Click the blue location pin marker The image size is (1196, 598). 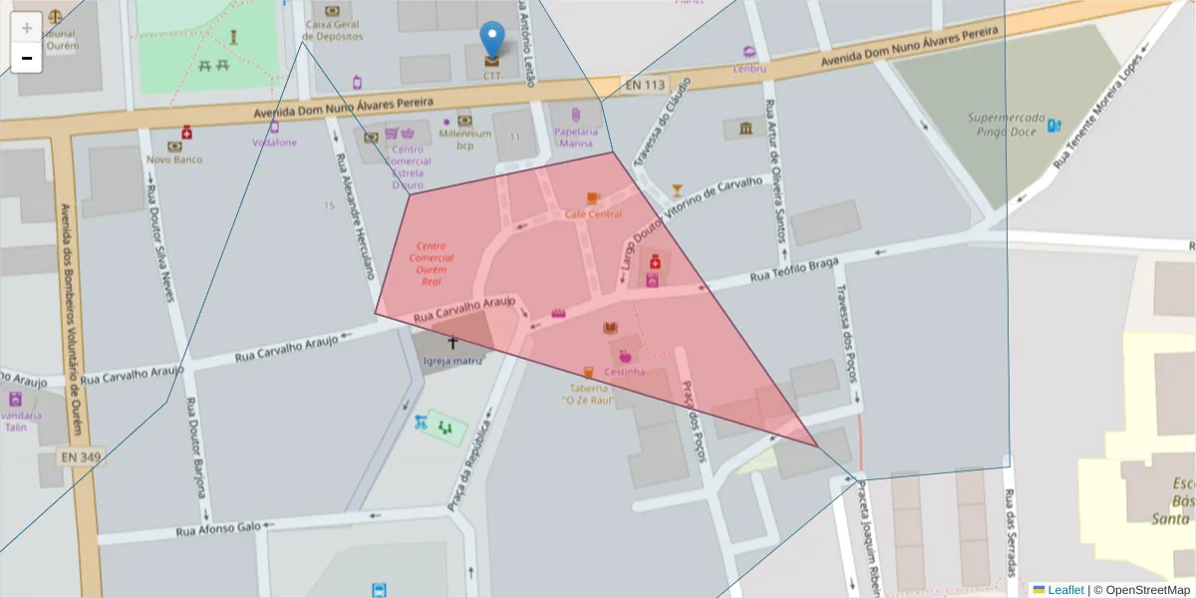pos(492,40)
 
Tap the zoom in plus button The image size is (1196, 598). pos(26,28)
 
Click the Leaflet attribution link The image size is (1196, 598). pos(1065,590)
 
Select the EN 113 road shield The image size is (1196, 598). pos(645,86)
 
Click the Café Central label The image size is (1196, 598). pos(593,214)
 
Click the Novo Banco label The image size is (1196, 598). pos(174,159)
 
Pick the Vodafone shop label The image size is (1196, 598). pos(274,142)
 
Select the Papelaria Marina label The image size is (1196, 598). pos(576,137)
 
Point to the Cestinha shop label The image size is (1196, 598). pos(624,372)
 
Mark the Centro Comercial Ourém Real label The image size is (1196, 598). pos(431,263)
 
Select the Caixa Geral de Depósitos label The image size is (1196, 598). pos(333,30)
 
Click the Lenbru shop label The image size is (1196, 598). pos(748,69)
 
